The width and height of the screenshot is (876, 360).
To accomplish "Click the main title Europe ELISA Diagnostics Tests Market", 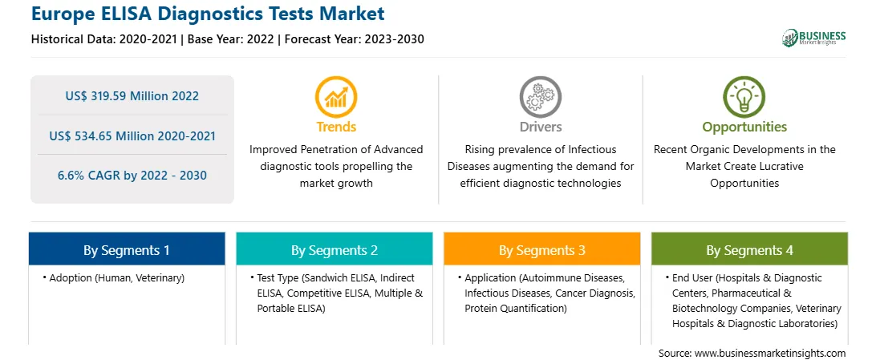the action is (x=208, y=14).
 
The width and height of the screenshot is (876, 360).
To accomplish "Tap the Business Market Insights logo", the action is (x=813, y=38).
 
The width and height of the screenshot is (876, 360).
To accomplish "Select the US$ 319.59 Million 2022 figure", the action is (x=132, y=96).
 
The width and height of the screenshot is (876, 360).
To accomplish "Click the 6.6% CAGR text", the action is (x=91, y=176).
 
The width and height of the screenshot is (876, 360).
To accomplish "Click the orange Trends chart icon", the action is (x=336, y=96).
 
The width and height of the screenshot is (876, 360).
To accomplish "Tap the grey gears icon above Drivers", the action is (x=540, y=96).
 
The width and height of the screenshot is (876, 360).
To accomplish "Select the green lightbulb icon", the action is (x=744, y=96).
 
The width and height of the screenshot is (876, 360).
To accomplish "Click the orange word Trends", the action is (x=336, y=127).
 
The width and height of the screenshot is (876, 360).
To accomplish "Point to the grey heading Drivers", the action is (x=541, y=127).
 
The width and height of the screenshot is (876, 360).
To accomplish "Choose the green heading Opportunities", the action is (x=744, y=127).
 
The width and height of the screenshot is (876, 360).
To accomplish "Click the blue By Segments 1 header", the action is (x=127, y=250).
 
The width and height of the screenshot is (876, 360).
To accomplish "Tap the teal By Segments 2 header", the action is (x=334, y=250).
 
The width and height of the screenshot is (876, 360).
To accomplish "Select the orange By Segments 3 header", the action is (x=542, y=250).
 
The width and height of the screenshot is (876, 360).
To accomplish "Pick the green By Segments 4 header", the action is (x=750, y=250).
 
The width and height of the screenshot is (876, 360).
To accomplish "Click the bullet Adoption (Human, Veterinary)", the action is (x=113, y=277).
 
